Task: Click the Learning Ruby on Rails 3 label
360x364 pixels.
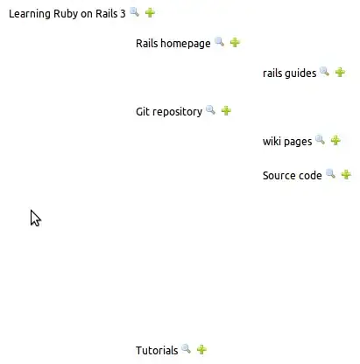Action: tap(67, 13)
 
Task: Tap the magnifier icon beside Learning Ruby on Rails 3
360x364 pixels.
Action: tap(134, 12)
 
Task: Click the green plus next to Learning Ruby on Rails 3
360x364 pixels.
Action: tap(150, 12)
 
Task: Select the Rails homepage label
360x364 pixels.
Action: tap(173, 43)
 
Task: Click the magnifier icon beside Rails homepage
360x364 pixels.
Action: tap(219, 42)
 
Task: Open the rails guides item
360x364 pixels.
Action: tap(289, 73)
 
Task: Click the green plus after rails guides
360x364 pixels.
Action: tap(340, 73)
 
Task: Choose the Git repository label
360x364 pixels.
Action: tap(169, 111)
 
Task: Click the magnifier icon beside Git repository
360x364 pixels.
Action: tap(210, 110)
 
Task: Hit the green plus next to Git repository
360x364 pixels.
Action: tap(226, 110)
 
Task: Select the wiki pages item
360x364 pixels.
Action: tap(287, 141)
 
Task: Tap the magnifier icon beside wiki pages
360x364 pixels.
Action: tap(320, 140)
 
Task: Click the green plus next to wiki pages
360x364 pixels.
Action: tap(335, 140)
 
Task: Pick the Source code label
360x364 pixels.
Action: tap(292, 175)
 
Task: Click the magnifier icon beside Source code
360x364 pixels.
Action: tap(330, 174)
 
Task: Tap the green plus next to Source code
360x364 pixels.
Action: tap(346, 174)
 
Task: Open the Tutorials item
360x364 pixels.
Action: tap(157, 350)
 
